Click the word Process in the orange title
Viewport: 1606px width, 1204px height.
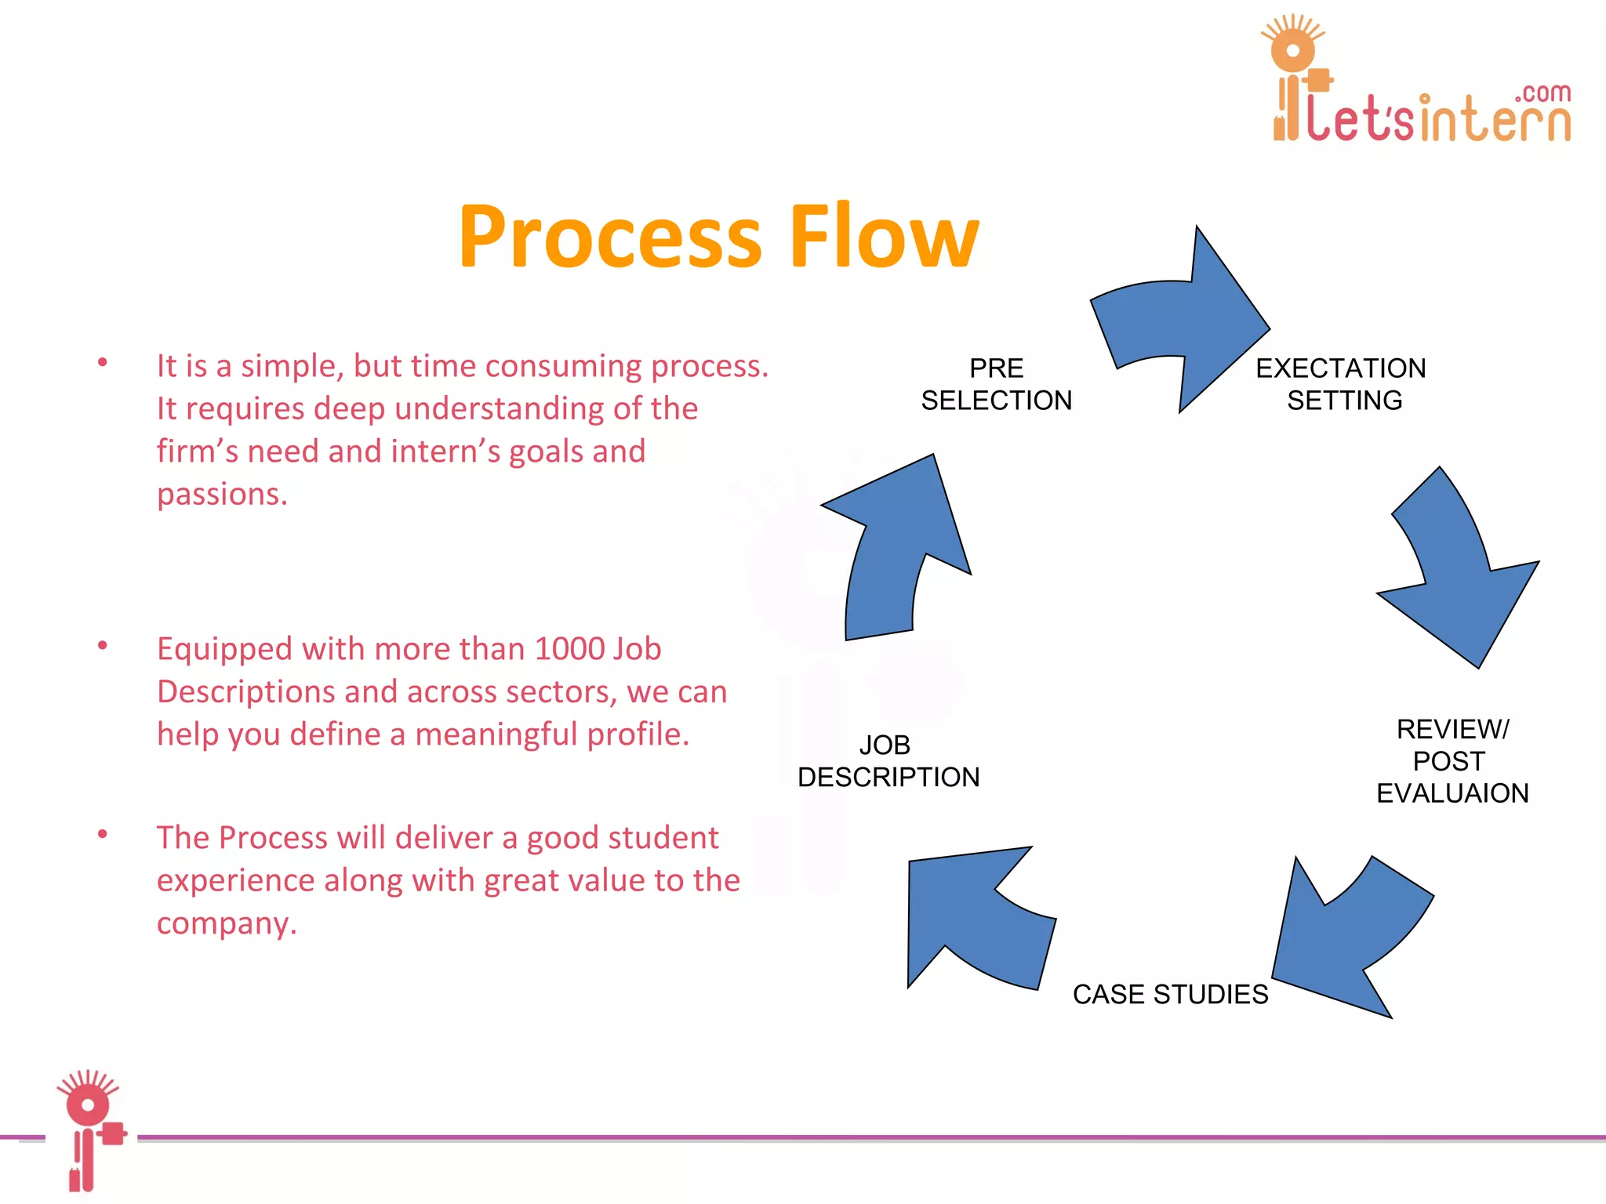click(x=610, y=238)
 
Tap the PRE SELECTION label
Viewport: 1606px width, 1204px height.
click(x=996, y=384)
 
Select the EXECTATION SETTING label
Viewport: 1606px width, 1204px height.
click(x=1342, y=384)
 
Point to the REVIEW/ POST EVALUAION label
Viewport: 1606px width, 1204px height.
click(x=1452, y=761)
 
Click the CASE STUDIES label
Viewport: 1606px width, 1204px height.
click(x=1170, y=994)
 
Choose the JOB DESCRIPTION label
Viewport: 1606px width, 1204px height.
click(x=888, y=761)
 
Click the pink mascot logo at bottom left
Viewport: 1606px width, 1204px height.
click(x=91, y=1129)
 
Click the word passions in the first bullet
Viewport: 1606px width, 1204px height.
click(x=222, y=495)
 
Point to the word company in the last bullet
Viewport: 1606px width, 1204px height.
click(x=226, y=923)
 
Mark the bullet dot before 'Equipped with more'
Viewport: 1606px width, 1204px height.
click(x=102, y=646)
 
